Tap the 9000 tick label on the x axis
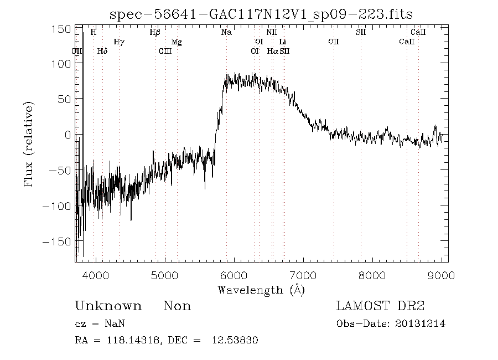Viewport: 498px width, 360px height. (x=441, y=275)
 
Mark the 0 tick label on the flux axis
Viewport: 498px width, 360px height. (x=68, y=135)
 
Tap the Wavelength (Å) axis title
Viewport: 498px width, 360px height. (x=261, y=290)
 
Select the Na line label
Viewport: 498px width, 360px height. (x=226, y=32)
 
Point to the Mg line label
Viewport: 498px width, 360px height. (x=177, y=42)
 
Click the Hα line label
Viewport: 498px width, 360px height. (x=272, y=51)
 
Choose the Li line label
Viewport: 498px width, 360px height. (x=283, y=42)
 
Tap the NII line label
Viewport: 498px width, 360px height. (x=272, y=32)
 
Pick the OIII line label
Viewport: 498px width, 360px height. (x=165, y=51)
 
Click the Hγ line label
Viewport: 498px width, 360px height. (x=118, y=42)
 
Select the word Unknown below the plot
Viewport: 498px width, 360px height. (x=108, y=306)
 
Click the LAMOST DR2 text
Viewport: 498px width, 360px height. (x=380, y=306)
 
